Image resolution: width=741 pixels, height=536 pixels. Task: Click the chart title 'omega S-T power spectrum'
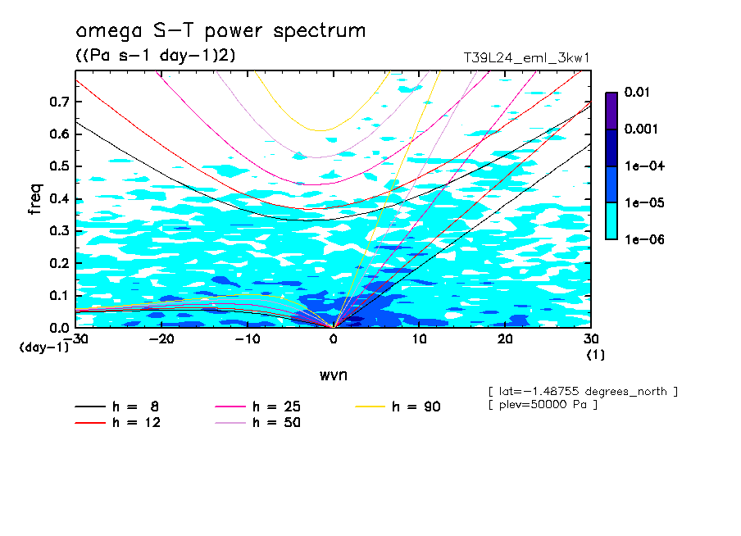click(x=220, y=31)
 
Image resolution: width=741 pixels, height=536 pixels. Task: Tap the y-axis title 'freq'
click(x=35, y=199)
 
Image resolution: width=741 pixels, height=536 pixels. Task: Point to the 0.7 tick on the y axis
click(x=60, y=102)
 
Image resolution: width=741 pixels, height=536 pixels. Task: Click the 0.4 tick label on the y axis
click(x=60, y=198)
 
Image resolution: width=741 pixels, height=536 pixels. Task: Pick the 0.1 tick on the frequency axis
click(x=60, y=295)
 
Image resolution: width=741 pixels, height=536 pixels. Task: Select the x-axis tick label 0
click(x=333, y=339)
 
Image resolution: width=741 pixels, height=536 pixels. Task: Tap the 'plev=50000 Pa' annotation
click(x=542, y=405)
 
